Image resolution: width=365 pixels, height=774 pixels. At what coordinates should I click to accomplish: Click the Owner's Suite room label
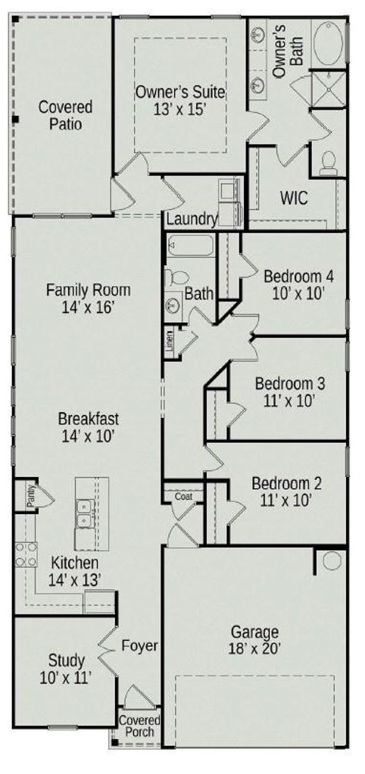pos(180,91)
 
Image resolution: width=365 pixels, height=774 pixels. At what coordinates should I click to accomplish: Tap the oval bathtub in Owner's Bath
pos(329,44)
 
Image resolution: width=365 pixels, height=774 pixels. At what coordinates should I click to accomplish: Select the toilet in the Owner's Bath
pos(328,164)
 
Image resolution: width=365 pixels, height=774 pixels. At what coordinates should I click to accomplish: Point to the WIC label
pos(294,198)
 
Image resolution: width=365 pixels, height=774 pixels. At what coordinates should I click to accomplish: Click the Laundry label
pos(192,219)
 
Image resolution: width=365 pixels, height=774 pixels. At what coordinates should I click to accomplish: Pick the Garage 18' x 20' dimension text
pos(254,648)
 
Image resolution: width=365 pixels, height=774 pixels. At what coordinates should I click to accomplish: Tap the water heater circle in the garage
pos(332,560)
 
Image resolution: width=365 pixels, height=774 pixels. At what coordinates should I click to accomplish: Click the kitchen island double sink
pos(85,513)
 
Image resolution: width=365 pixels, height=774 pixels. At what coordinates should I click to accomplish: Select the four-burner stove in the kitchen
pos(26,554)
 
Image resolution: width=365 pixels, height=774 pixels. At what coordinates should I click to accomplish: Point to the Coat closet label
pos(183,497)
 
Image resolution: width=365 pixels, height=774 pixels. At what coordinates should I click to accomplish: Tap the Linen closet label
pos(170,341)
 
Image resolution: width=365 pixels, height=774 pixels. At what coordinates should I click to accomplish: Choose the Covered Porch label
pos(139,726)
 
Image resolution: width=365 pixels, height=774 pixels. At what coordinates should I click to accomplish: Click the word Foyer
pos(140,646)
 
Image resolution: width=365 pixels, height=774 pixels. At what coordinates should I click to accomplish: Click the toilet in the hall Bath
pos(176,277)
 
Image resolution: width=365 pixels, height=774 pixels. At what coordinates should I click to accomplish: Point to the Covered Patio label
pos(66,115)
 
